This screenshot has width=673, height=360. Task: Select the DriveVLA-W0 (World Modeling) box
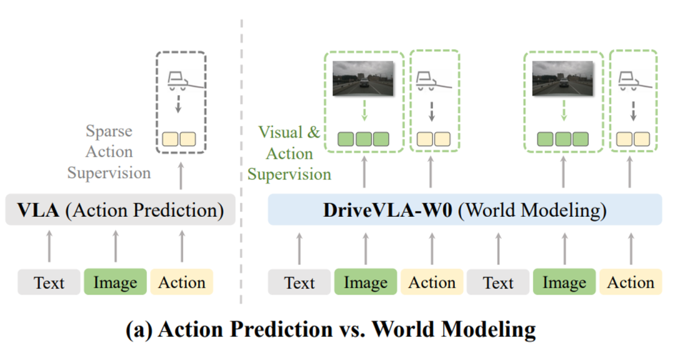pos(464,211)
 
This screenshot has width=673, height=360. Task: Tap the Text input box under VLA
pos(49,282)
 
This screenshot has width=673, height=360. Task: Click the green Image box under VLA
pos(115,282)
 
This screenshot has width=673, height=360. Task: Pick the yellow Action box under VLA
pos(181,282)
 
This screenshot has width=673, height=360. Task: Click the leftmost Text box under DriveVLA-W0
pos(300,282)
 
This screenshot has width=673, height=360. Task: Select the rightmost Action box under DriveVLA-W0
pos(631,282)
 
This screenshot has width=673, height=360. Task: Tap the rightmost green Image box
pos(564,282)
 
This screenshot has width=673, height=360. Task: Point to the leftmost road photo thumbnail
pos(364,79)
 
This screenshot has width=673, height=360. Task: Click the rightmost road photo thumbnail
pos(563,79)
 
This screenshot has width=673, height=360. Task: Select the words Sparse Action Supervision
pos(108,152)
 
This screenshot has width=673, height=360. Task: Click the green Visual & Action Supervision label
pos(289,153)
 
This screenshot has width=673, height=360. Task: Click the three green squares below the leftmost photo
pos(364,138)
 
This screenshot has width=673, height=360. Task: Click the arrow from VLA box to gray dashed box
pos(181,176)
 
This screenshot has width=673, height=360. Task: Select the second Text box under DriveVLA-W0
pos(498,282)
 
